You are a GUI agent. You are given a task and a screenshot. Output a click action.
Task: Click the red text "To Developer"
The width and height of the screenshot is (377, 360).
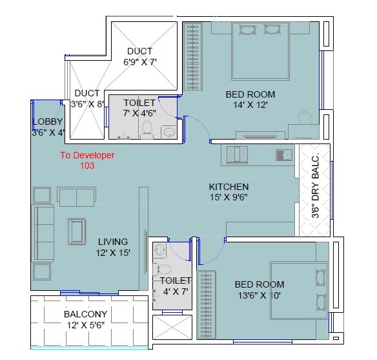(x=87, y=155)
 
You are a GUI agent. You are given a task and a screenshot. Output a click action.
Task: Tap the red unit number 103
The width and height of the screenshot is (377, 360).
(x=87, y=165)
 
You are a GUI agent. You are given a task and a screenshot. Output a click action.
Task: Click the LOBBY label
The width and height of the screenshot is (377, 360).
(x=47, y=122)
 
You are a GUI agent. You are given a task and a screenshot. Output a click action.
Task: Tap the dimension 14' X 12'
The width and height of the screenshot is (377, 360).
(x=246, y=104)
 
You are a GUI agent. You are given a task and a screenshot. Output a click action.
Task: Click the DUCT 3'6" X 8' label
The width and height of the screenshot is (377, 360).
(x=87, y=98)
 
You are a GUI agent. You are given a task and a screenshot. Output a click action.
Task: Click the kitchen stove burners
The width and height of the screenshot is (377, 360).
(x=236, y=154)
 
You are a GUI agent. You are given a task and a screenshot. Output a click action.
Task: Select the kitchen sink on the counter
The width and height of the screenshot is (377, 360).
(x=283, y=154)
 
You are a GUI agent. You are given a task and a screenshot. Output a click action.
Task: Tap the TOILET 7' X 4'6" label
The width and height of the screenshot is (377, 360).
(x=139, y=108)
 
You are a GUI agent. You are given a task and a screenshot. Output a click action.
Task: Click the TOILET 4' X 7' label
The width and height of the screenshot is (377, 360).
(x=175, y=286)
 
